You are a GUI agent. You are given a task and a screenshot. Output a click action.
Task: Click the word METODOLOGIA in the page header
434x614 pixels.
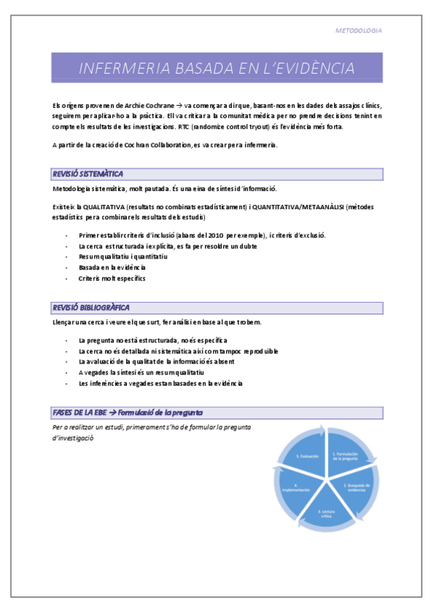click(x=359, y=31)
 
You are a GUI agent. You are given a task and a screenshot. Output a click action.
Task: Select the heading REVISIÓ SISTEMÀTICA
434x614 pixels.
click(x=88, y=174)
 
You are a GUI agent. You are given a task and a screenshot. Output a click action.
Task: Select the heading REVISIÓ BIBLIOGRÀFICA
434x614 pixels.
click(x=91, y=307)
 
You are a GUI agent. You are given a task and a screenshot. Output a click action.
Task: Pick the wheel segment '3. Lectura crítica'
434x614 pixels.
click(x=327, y=513)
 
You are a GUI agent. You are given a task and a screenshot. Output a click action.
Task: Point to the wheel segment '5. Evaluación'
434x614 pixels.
click(x=307, y=456)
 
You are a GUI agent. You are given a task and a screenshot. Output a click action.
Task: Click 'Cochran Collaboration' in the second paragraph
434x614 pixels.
click(x=151, y=145)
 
